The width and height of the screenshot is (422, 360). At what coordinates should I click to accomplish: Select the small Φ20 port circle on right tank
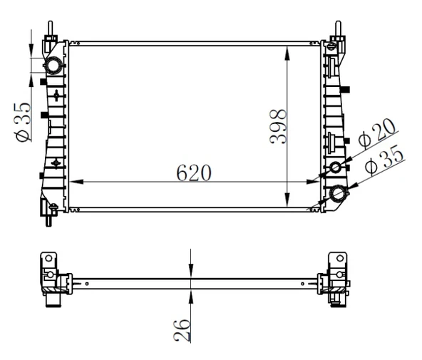point(336,168)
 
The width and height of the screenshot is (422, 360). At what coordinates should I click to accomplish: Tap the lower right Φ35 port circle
point(339,192)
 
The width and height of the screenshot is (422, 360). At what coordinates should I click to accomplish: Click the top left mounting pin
point(51,28)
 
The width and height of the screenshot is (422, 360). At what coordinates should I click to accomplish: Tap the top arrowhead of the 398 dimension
point(287,49)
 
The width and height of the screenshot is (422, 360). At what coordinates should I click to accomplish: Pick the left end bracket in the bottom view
point(54,278)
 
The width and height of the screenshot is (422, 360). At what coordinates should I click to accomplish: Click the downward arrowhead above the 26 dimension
point(191,270)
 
